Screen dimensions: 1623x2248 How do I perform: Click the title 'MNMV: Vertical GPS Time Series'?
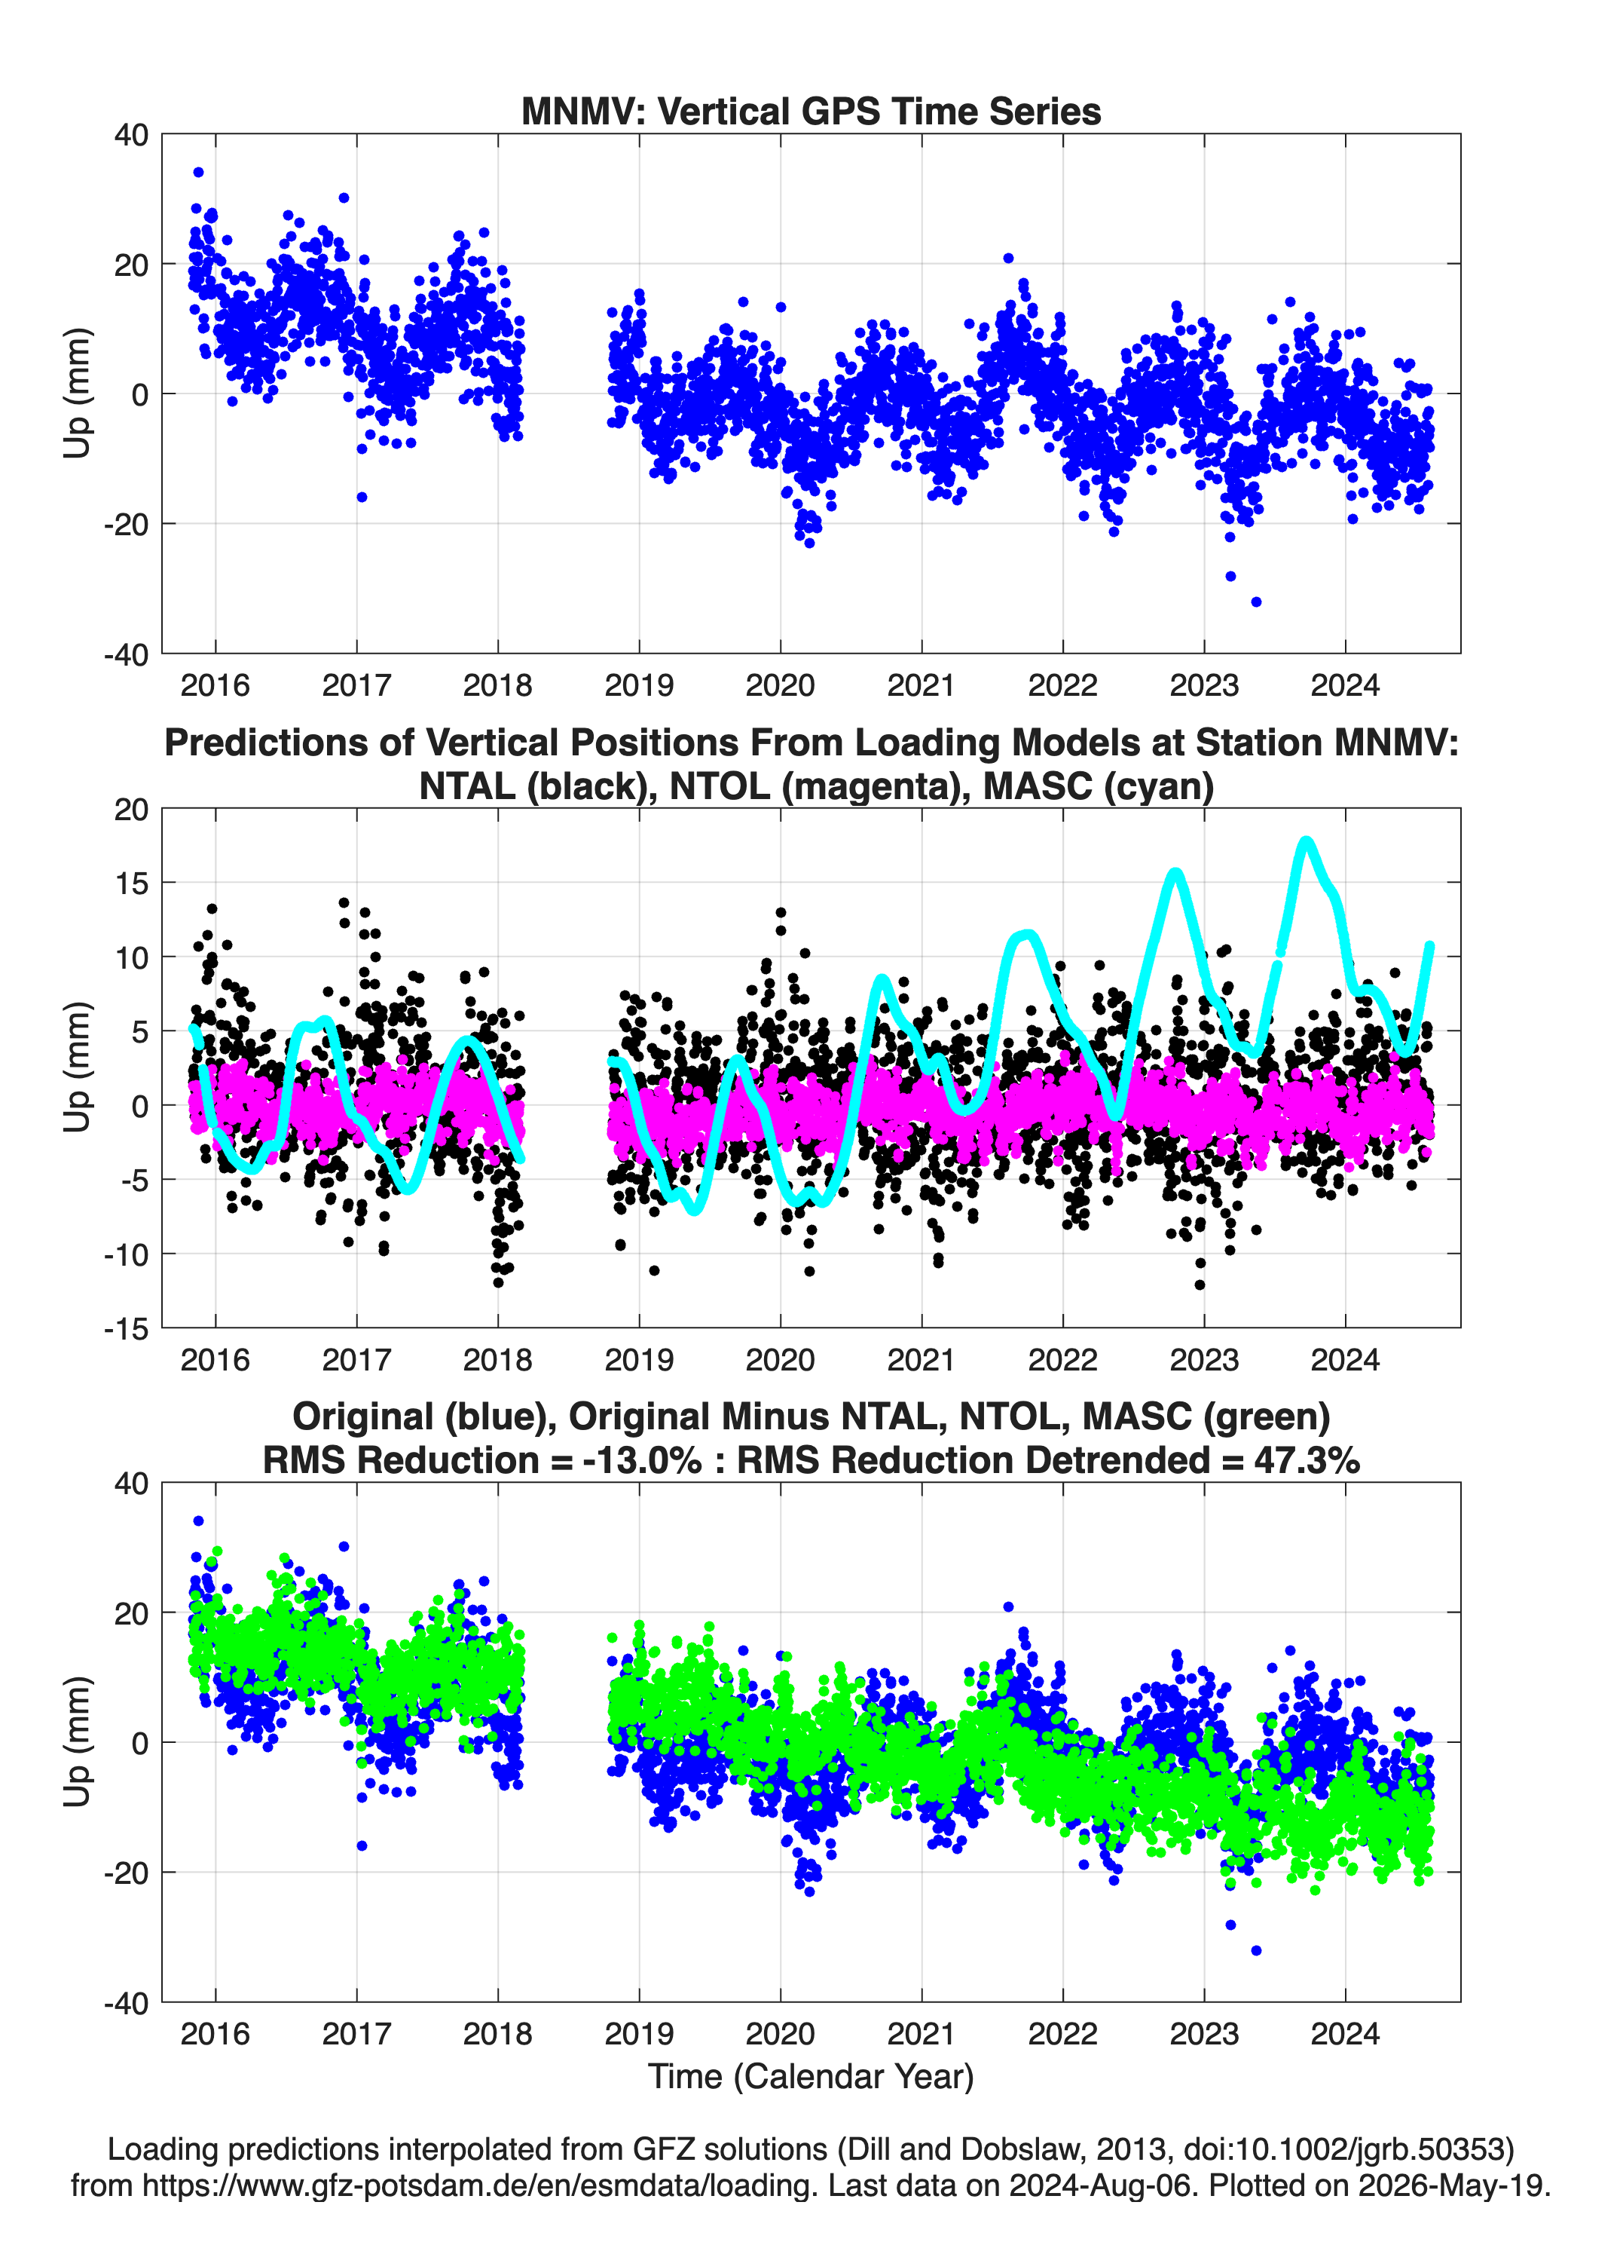tap(811, 111)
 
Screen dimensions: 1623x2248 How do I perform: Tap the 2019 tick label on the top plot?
tap(639, 685)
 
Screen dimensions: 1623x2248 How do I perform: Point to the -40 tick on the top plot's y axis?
tap(126, 654)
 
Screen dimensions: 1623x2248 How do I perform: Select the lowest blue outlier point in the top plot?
tap(1256, 602)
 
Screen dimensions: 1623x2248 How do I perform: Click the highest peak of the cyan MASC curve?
tap(1306, 843)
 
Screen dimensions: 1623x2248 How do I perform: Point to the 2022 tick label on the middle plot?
tap(1063, 1360)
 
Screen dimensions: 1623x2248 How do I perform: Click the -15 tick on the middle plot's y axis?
tap(126, 1329)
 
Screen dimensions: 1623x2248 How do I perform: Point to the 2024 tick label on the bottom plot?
tap(1346, 2034)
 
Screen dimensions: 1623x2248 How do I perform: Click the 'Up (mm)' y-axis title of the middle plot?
tap(78, 1067)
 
